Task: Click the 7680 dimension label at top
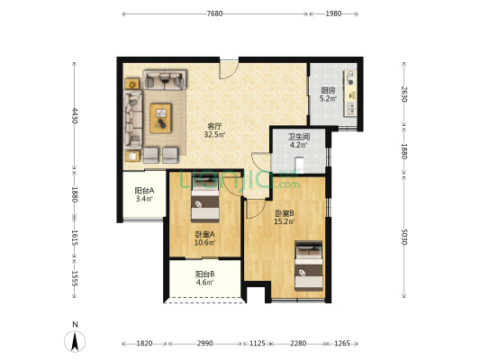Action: point(214,13)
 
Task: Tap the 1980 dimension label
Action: point(333,13)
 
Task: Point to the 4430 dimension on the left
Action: point(75,115)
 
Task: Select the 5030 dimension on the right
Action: point(404,237)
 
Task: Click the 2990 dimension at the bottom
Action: point(204,343)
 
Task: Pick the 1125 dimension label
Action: point(258,343)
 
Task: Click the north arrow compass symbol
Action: point(75,341)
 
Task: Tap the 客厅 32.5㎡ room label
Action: point(214,130)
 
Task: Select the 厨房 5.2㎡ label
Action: point(328,94)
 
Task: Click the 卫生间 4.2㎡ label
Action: point(298,140)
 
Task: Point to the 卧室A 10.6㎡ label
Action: point(204,238)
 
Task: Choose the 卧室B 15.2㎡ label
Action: point(285,217)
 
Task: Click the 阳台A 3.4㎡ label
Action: point(144,194)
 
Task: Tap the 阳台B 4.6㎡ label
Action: point(204,278)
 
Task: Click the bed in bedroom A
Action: point(205,199)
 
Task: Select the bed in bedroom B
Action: point(309,265)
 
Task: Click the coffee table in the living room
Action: point(160,119)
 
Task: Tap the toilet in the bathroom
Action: point(299,165)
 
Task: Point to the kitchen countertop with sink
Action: point(350,94)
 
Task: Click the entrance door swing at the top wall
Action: point(229,69)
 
